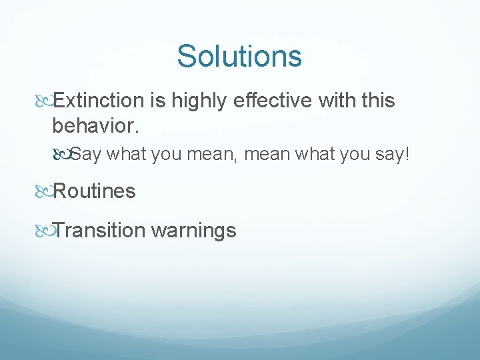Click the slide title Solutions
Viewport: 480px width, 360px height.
(239, 56)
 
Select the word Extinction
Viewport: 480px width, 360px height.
(99, 101)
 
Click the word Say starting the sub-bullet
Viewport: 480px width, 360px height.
(85, 155)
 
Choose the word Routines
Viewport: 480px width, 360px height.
(94, 191)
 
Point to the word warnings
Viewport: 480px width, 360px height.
(194, 231)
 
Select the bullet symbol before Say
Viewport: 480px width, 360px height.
(65, 155)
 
